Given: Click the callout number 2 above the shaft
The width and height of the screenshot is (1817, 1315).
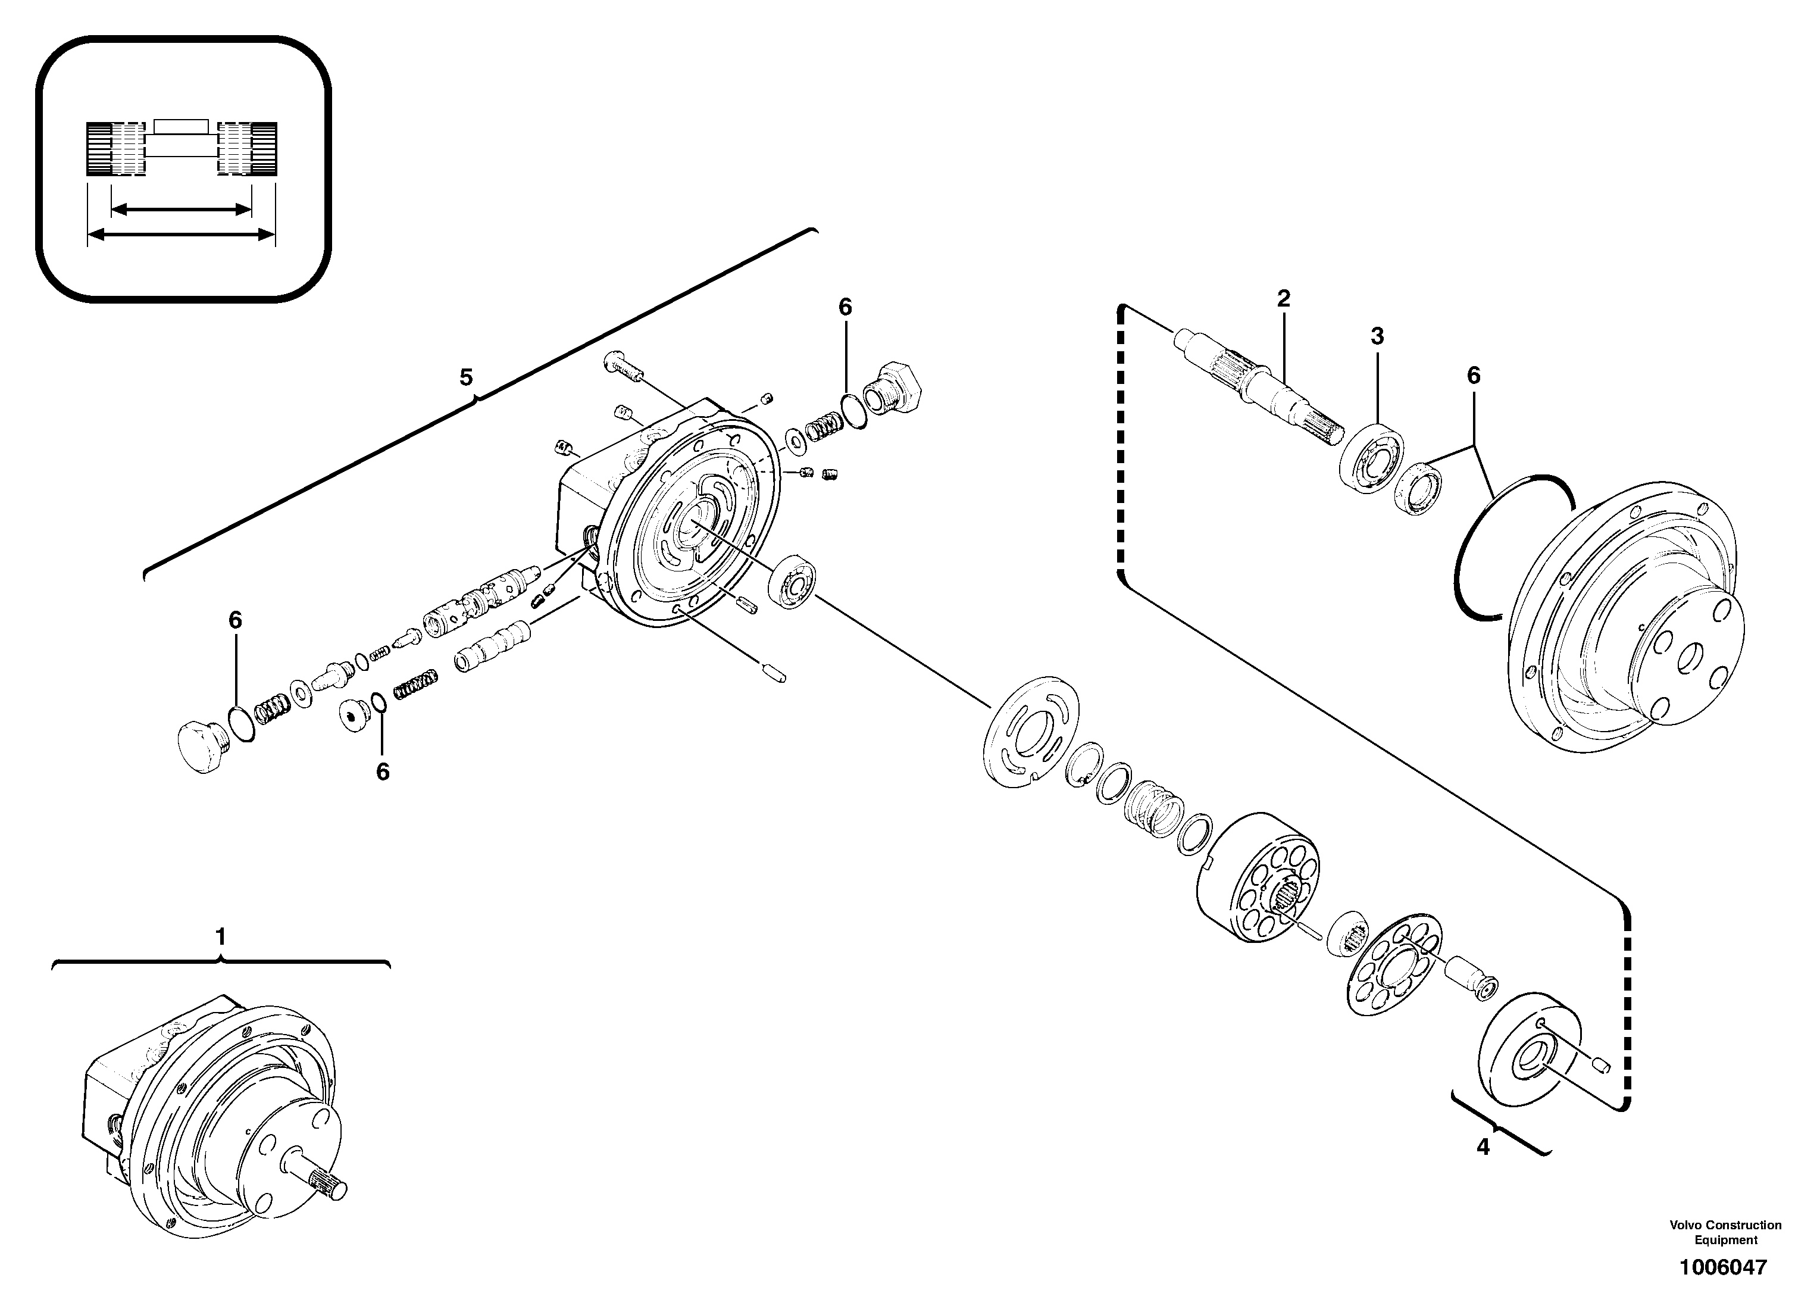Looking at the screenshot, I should pos(1283,299).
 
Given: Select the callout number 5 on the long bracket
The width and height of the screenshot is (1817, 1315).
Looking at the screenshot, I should pos(466,377).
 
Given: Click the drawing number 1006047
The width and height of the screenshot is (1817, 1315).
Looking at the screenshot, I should pos(1722,1268).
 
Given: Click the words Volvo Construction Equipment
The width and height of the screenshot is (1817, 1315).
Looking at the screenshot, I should pos(1725,1232).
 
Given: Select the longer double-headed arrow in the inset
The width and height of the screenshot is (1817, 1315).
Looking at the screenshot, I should pos(181,235).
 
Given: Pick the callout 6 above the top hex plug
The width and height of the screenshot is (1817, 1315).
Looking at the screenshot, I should pos(845,308).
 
